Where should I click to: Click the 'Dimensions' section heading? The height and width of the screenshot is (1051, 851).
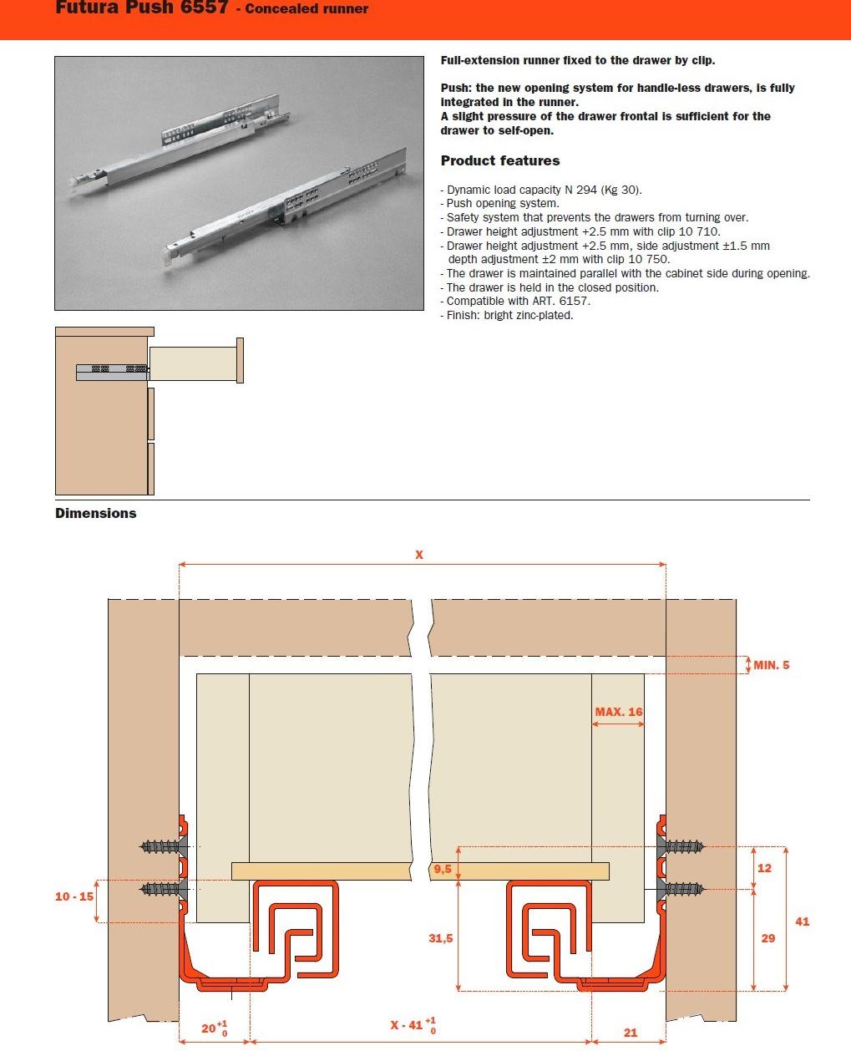pos(95,514)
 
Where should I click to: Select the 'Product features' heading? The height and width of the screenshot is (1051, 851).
pos(500,161)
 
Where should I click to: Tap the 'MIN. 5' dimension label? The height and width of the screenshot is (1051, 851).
pos(771,666)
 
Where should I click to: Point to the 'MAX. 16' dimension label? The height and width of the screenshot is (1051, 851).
pos(619,712)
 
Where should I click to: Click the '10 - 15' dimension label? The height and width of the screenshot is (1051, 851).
pos(74,896)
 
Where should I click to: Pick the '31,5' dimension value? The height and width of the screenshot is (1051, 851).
pos(440,938)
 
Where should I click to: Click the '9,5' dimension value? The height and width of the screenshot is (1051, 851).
pos(442,870)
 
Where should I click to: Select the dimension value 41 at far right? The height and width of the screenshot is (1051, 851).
pos(802,922)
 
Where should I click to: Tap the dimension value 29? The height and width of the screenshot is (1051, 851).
pos(767,938)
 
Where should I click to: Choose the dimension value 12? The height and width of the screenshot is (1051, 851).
pos(764,868)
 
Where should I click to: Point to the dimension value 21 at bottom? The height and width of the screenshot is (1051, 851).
pos(631,1033)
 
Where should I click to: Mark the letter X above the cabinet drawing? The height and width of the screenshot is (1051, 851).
pos(419,555)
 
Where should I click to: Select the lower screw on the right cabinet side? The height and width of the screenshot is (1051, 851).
pos(683,888)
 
